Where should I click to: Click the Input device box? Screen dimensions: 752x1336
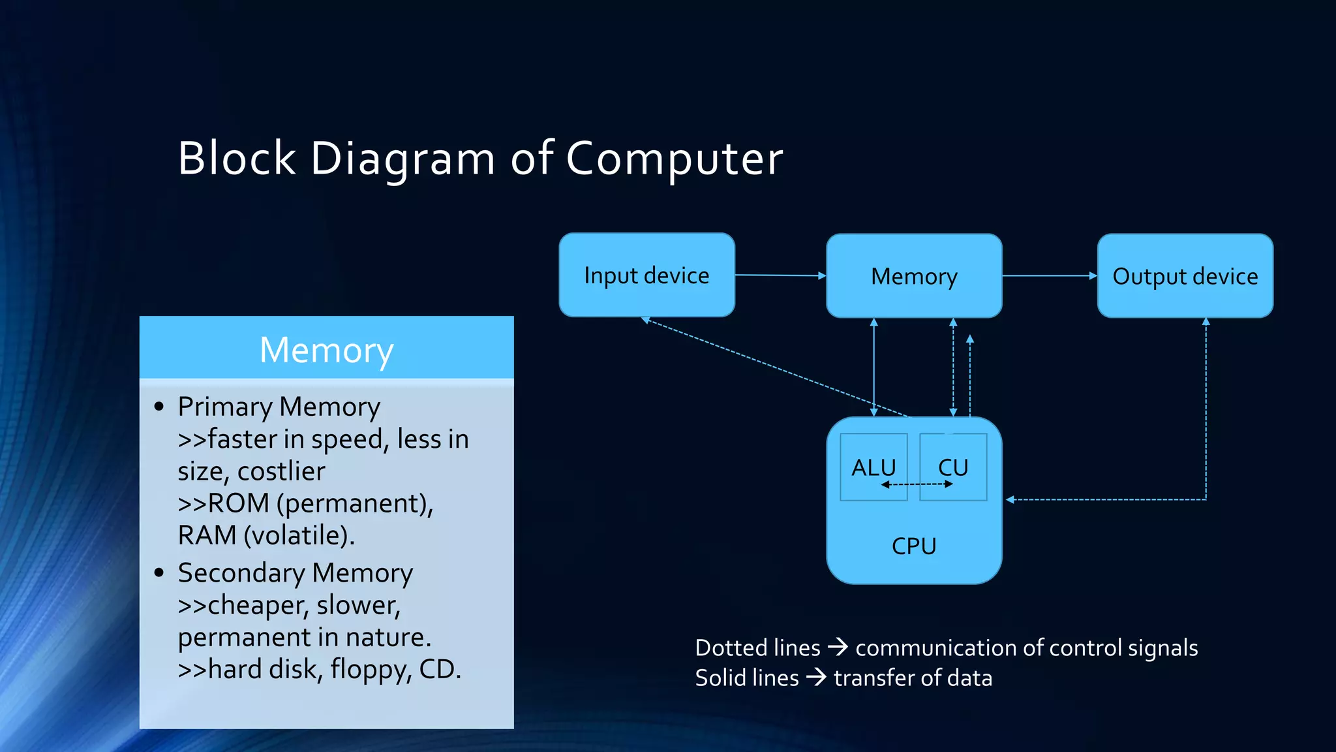click(646, 275)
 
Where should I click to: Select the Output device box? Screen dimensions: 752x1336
click(1185, 276)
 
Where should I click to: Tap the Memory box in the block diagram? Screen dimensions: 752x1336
click(914, 276)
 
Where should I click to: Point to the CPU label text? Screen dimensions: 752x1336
click(914, 546)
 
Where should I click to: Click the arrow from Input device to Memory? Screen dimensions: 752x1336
click(780, 275)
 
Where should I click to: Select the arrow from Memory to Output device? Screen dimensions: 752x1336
click(1049, 276)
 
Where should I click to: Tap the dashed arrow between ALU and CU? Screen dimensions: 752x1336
click(917, 484)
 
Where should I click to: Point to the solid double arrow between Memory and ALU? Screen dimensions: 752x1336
click(874, 367)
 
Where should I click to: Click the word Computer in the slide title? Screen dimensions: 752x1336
click(674, 159)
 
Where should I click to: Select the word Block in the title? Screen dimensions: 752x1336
click(237, 159)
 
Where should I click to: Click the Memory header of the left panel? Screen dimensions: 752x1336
click(326, 350)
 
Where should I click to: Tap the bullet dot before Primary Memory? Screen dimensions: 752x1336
click(159, 407)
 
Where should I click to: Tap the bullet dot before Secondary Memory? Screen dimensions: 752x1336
click(159, 572)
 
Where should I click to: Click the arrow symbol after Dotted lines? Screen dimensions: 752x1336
click(838, 648)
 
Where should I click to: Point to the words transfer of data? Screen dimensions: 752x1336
click(913, 678)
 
